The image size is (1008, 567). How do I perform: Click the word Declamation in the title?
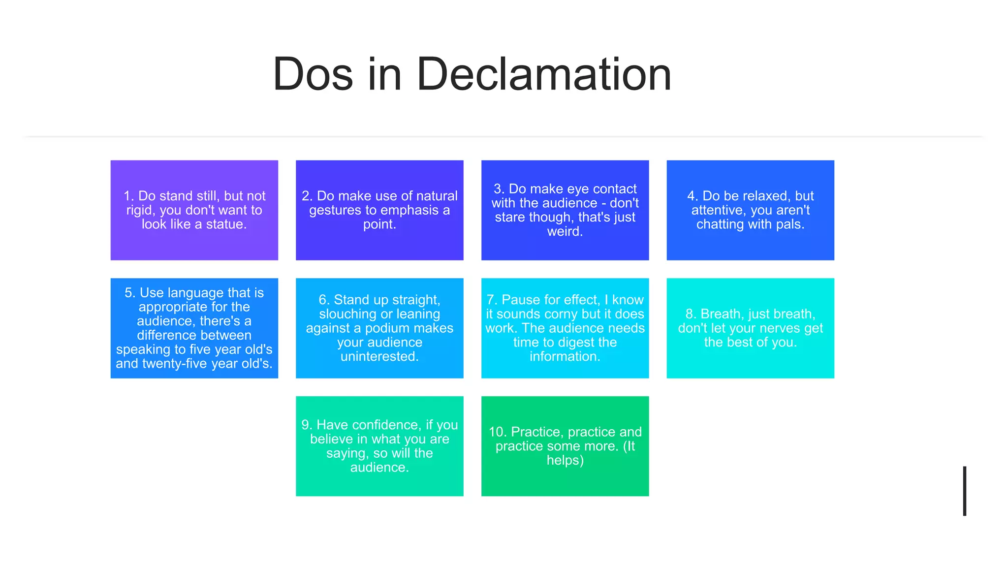(x=544, y=75)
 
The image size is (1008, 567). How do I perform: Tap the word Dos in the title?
(x=313, y=75)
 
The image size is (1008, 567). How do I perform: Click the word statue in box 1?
(x=225, y=224)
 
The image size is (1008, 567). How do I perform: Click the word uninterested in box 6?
(x=379, y=356)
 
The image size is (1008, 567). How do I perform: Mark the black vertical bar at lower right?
(x=964, y=491)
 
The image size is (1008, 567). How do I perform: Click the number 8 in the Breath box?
(x=690, y=314)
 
